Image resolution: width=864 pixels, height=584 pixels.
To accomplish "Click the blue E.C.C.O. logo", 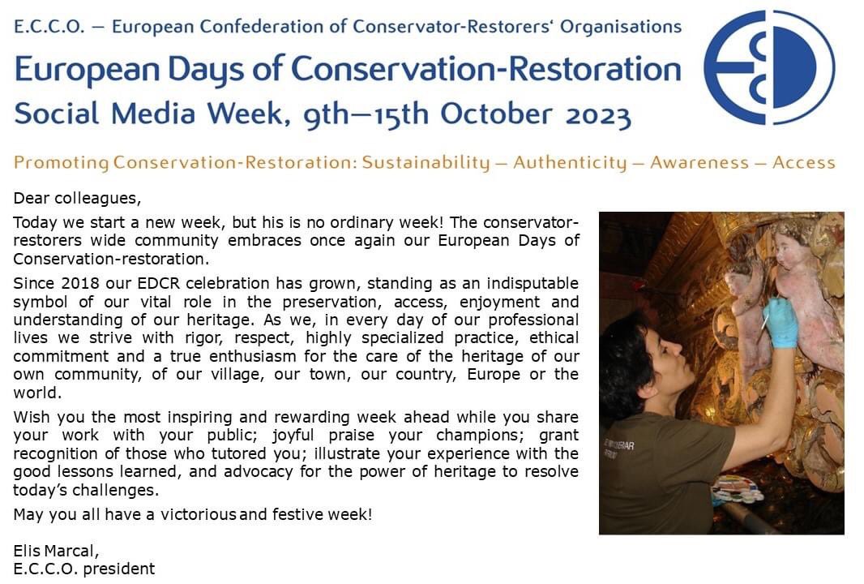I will tap(768, 68).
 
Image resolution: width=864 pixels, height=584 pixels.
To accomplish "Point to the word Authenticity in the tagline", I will tap(570, 162).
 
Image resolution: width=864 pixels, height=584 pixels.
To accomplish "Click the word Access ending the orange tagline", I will tap(803, 162).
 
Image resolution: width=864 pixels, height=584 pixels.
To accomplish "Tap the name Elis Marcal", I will tap(56, 552).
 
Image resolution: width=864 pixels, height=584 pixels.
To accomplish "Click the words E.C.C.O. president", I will tap(83, 569).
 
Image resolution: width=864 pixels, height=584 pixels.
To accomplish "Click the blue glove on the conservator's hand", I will tap(780, 322).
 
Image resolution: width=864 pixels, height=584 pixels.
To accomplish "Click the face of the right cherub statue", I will tap(790, 239).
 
